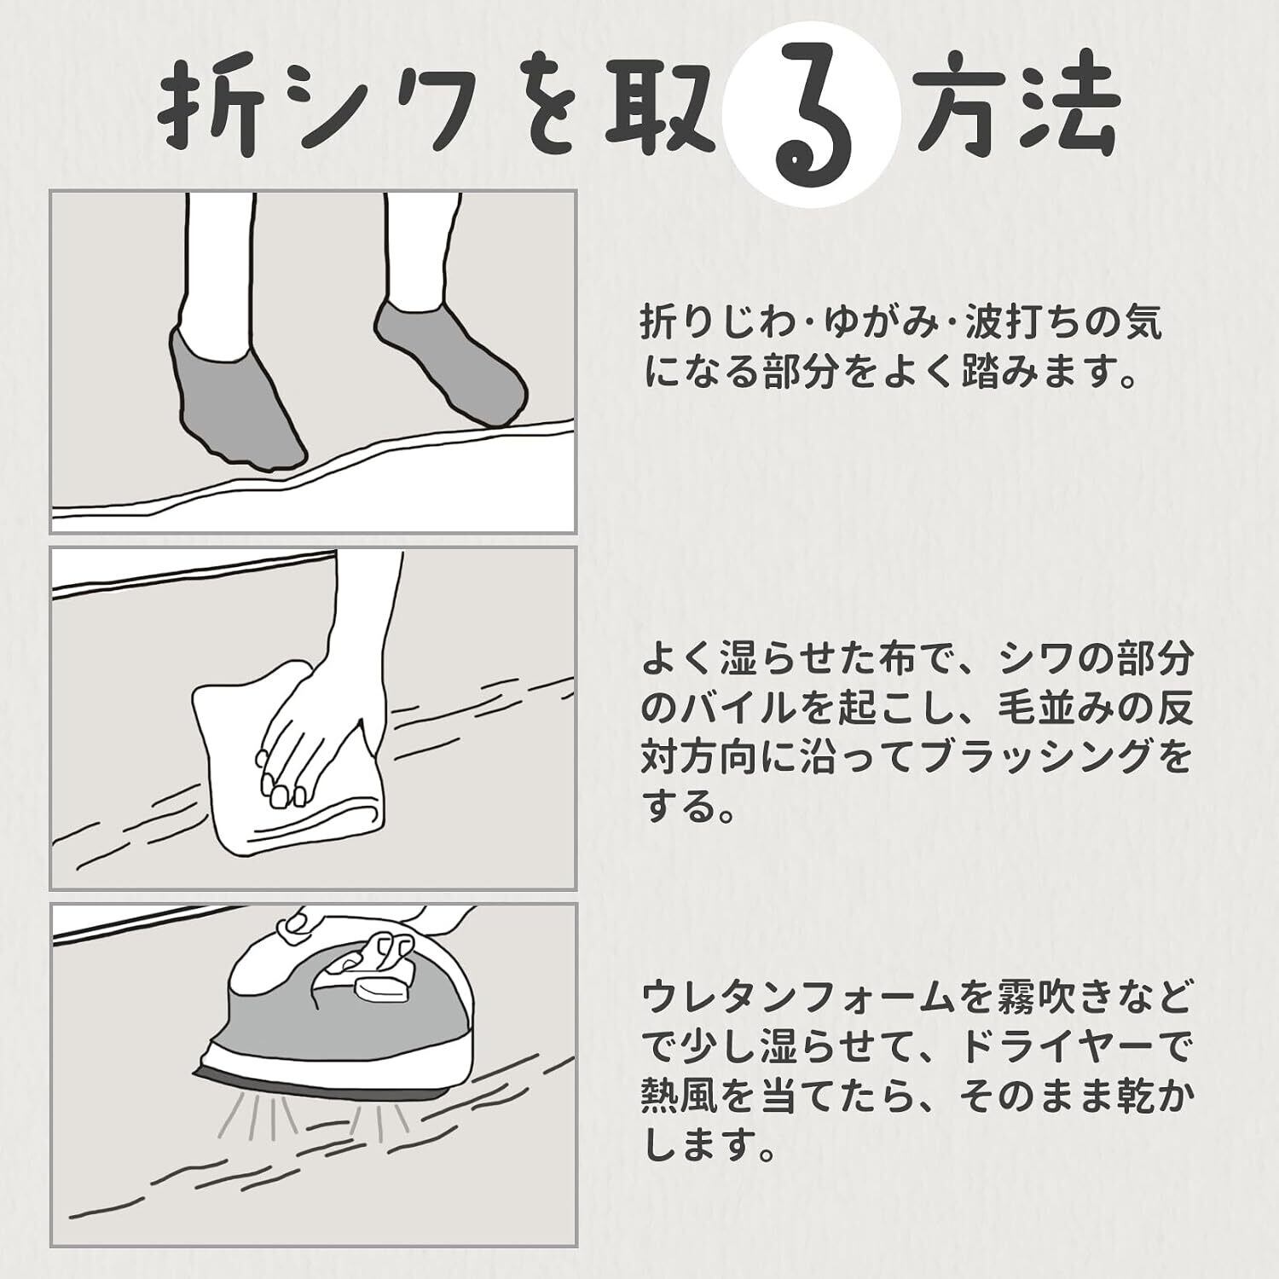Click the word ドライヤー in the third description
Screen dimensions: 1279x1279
point(1037,1048)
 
